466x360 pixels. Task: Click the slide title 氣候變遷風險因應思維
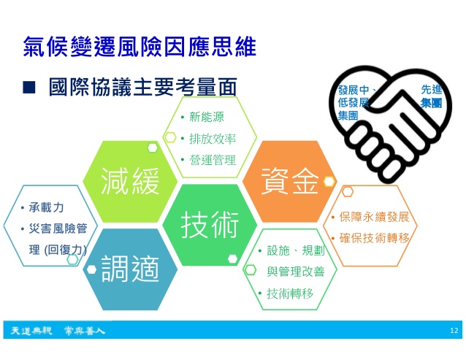click(140, 47)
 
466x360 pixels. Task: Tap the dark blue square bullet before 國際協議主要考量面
click(28, 88)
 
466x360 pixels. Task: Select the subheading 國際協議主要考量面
click(143, 87)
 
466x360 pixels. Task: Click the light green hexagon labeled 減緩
click(130, 182)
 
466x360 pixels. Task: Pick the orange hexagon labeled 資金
click(290, 182)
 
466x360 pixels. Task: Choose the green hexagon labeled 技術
click(210, 225)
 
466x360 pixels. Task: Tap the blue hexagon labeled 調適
click(130, 269)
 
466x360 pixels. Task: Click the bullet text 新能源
click(207, 117)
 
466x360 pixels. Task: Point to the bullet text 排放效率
click(213, 139)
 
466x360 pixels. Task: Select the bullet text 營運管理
click(213, 160)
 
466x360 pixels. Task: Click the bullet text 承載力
click(46, 207)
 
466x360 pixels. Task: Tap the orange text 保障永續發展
click(375, 217)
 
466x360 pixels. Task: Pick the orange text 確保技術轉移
click(375, 238)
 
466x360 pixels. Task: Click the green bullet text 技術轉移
click(290, 294)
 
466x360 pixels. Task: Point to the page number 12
click(454, 331)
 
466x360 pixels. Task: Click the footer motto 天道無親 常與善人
click(58, 330)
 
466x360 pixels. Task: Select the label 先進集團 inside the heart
click(432, 96)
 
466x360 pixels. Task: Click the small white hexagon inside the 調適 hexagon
click(91, 269)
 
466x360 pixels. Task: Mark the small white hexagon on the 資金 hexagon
click(329, 182)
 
